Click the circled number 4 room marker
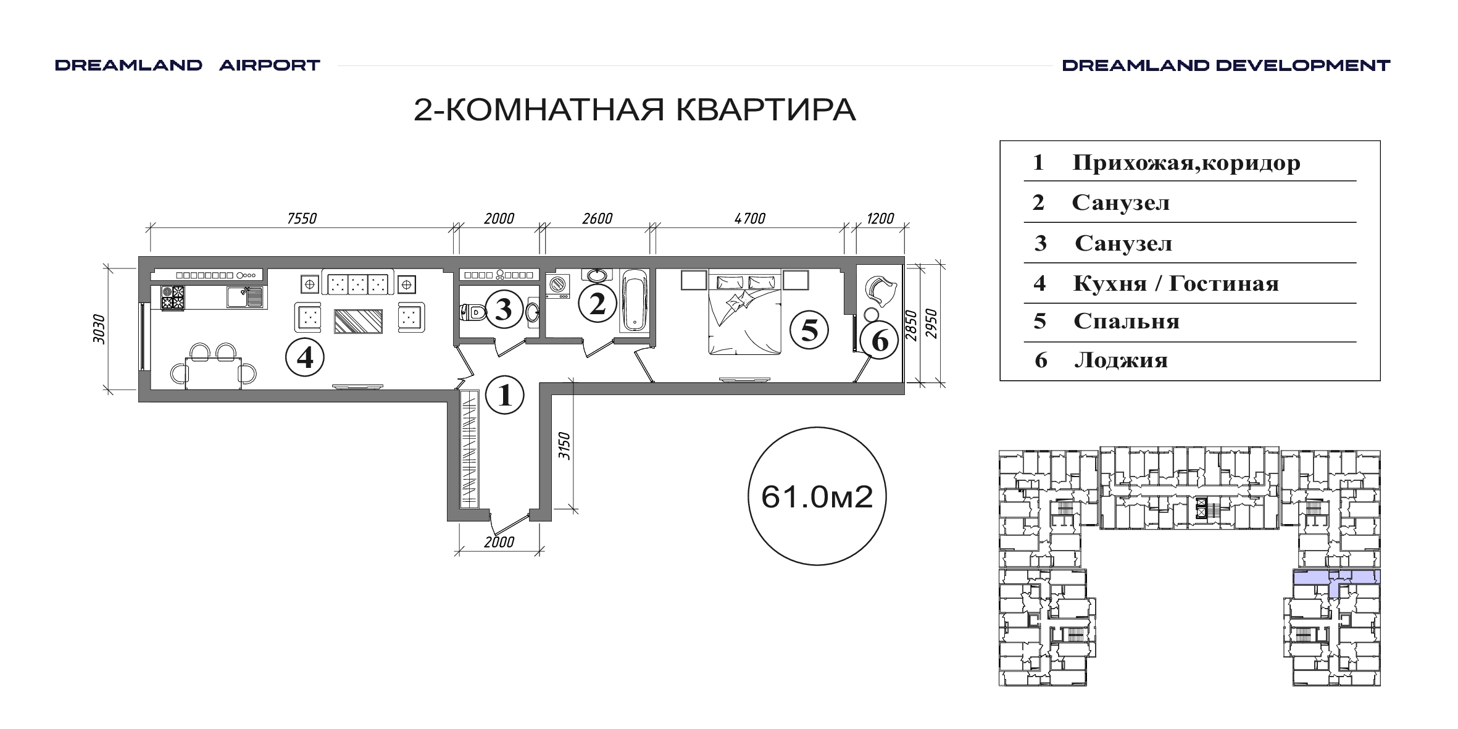click(305, 357)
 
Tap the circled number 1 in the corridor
click(505, 395)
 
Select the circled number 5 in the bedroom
click(809, 329)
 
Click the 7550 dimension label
click(302, 219)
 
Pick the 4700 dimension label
click(751, 219)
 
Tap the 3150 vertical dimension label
click(564, 446)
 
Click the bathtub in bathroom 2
click(635, 301)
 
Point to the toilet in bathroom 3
click(474, 312)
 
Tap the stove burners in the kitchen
click(172, 297)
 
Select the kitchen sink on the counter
click(244, 297)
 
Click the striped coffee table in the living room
click(358, 321)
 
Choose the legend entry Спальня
click(1127, 321)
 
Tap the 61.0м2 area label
click(817, 496)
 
